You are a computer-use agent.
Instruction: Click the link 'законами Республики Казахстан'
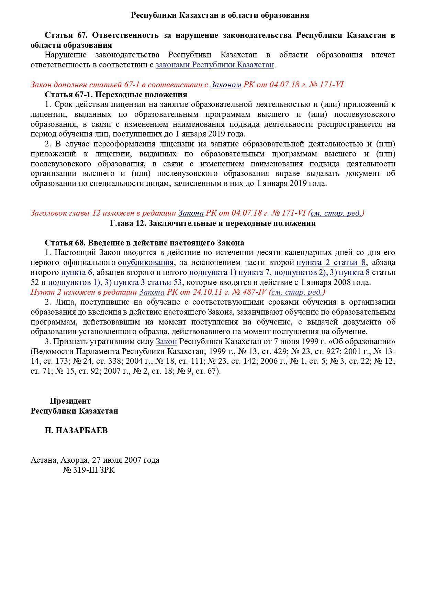tap(215, 65)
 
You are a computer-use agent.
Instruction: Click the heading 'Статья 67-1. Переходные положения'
tap(116, 95)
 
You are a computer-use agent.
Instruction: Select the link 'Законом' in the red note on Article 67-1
tap(226, 85)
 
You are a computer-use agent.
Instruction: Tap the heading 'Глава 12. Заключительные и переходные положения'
tap(213, 223)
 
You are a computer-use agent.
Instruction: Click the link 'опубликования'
tap(146, 263)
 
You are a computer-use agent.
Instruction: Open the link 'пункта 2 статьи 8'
tap(331, 263)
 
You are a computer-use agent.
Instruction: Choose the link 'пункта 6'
tap(77, 273)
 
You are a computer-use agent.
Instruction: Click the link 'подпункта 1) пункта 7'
tap(229, 273)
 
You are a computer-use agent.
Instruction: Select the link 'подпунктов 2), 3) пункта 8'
tap(322, 273)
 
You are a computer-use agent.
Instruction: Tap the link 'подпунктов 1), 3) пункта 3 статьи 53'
tap(115, 283)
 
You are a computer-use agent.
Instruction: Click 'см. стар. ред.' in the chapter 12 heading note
tap(336, 213)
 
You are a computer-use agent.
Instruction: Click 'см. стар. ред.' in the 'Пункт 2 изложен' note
tap(297, 292)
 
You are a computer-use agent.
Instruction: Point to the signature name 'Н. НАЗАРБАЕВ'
tap(76, 430)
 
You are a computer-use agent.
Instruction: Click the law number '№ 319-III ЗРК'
tap(89, 470)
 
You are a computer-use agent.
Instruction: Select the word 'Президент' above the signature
tap(70, 401)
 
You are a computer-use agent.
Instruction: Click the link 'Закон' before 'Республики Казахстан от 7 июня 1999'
tap(166, 342)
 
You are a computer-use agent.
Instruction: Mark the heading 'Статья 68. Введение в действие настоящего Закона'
tap(144, 243)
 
